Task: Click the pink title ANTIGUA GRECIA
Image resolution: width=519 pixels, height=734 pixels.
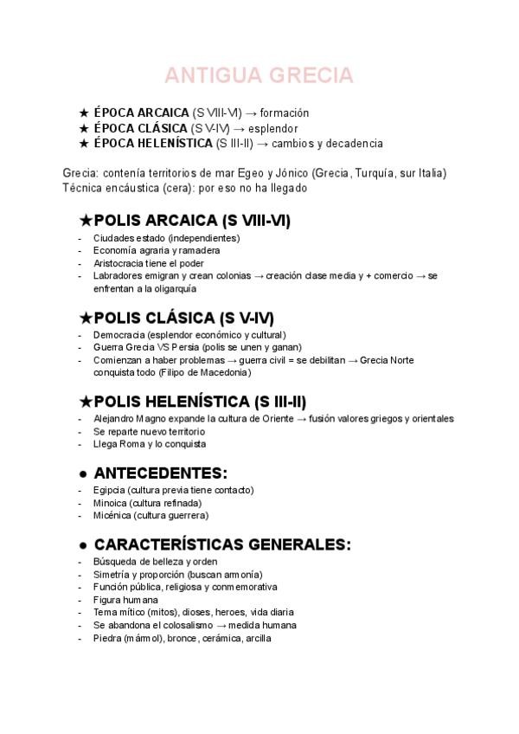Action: (259, 75)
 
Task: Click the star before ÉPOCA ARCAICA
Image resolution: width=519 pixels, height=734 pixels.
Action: (84, 113)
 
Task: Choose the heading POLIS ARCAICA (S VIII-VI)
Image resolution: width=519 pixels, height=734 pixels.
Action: (191, 221)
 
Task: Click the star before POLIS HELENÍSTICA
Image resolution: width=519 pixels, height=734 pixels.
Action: (85, 402)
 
